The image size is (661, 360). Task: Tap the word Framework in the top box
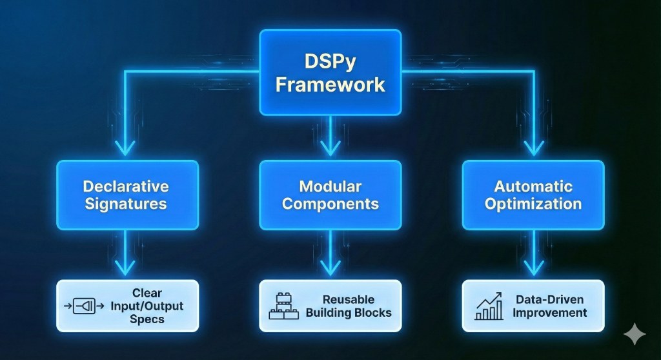[x=330, y=85]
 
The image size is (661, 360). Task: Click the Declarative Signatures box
[x=127, y=195]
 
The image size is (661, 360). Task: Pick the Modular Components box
[x=330, y=195]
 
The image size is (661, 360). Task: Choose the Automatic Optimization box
[x=533, y=195]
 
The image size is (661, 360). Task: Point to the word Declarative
[x=126, y=186]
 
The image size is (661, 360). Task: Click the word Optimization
[x=533, y=204]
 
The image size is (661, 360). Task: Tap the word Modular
[x=330, y=186]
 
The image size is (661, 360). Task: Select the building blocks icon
[x=281, y=306]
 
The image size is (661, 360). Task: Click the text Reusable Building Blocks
[x=349, y=306]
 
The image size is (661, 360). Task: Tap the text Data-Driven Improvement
[x=551, y=306]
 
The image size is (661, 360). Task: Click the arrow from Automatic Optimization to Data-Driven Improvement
[x=533, y=255]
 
